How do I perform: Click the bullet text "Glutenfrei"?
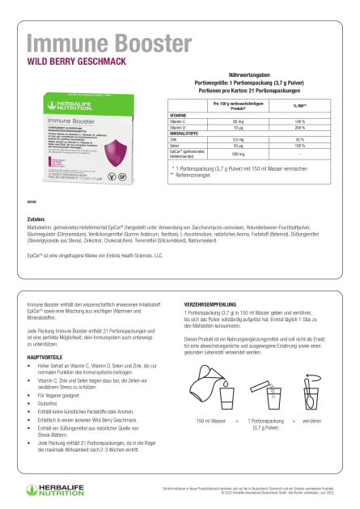pos(52,388)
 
